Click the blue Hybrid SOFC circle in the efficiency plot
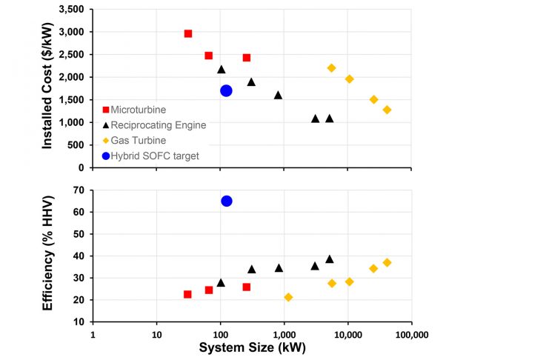[227, 201]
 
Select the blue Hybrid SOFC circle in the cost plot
[227, 90]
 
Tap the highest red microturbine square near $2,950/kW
[188, 33]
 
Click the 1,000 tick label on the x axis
[284, 334]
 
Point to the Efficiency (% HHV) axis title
[47, 255]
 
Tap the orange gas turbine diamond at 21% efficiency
[288, 297]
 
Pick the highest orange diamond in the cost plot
[331, 67]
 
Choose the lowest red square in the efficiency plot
[187, 294]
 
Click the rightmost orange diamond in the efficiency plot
[387, 262]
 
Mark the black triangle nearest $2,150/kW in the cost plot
[221, 70]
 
